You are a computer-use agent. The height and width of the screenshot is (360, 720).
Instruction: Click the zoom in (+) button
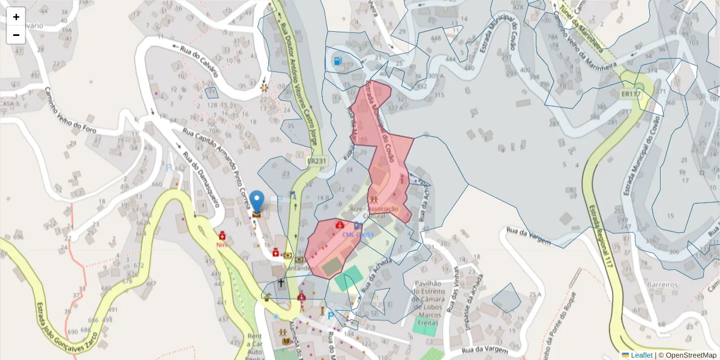click(x=16, y=17)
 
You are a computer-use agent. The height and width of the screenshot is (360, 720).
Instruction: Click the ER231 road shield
click(x=316, y=161)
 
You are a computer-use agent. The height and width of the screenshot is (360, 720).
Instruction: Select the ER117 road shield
click(x=631, y=94)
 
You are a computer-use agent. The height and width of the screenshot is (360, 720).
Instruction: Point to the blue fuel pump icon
click(x=338, y=61)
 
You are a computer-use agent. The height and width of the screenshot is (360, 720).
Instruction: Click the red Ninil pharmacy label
click(x=223, y=244)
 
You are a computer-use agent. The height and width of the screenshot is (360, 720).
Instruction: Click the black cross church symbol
click(x=280, y=281)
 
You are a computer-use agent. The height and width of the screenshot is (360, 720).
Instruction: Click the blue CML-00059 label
click(x=358, y=235)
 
